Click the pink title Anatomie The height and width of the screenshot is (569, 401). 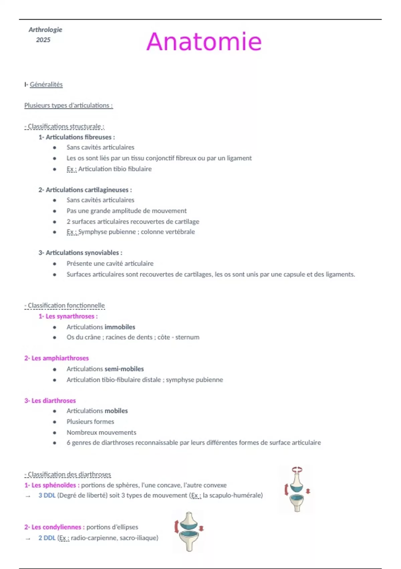tap(204, 42)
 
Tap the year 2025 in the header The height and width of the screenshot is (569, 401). tap(43, 40)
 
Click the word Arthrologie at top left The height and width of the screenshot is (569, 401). tap(45, 29)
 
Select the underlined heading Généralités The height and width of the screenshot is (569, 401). tap(46, 84)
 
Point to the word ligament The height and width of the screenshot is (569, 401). tap(239, 158)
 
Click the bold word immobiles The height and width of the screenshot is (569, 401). tap(120, 327)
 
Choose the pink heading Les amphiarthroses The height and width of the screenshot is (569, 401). tap(60, 358)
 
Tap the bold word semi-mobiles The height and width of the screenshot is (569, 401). tap(124, 369)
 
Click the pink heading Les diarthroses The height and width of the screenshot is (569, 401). tap(53, 401)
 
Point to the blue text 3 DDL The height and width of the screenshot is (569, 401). tap(47, 495)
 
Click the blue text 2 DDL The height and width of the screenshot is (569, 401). tap(47, 538)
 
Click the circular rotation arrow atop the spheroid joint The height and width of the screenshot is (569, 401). tap(297, 470)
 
